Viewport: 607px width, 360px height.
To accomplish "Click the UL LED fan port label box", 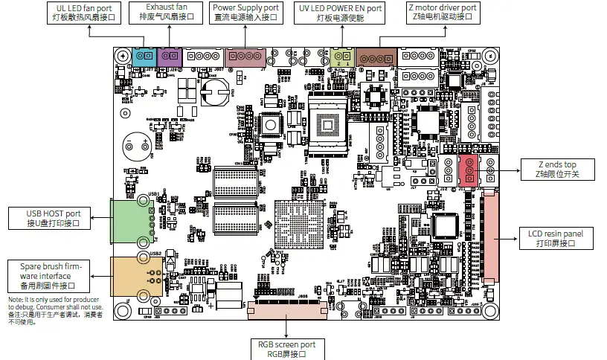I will point(90,13).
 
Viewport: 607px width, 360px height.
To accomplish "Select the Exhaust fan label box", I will point(167,13).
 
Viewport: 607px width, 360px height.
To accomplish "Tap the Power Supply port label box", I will point(246,13).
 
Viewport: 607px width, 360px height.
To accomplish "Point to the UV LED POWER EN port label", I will point(339,13).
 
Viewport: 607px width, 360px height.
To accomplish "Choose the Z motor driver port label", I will point(443,13).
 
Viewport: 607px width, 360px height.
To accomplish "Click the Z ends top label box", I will point(557,169).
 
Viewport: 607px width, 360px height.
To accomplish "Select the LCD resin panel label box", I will point(556,239).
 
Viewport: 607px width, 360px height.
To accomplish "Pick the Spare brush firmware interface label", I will point(47,276).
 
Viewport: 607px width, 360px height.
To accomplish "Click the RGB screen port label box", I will point(287,349).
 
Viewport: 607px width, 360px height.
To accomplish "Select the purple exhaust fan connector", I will point(171,56).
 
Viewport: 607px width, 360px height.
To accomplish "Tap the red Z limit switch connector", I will point(469,170).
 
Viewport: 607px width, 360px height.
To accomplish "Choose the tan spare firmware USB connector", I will point(125,277).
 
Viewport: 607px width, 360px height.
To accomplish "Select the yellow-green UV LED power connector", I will point(343,57).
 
